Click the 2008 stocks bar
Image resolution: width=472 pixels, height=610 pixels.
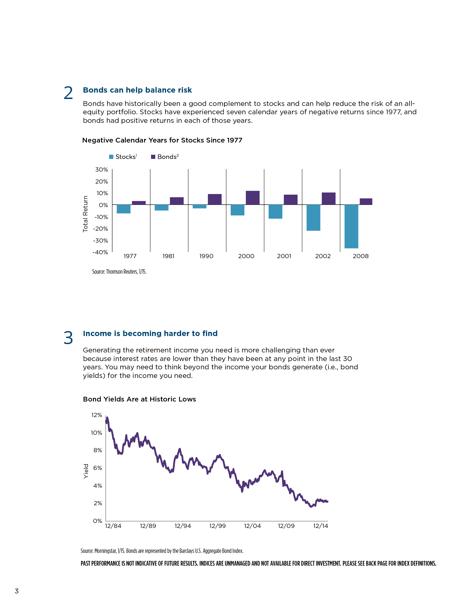pos(351,226)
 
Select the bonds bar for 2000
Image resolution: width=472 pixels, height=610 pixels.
pos(252,198)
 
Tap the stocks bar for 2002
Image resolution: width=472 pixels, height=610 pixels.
pos(313,218)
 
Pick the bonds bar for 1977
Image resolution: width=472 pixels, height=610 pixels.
pos(139,203)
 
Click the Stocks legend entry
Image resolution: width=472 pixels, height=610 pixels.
pos(123,157)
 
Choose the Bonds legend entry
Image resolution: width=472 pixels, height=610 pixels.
pos(165,157)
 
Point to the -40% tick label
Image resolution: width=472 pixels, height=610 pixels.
pos(100,252)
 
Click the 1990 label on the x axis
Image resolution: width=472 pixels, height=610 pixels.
pos(206,256)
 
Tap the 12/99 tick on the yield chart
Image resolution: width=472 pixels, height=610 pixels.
pos(218,526)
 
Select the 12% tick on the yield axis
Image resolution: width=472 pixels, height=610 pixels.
pos(97,415)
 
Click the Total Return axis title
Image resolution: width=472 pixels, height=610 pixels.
pos(85,214)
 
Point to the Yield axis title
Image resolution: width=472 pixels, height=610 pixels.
pos(86,471)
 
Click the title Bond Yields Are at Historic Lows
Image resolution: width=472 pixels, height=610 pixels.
pos(140,399)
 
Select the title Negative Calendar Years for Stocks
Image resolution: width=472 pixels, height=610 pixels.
pos(162,140)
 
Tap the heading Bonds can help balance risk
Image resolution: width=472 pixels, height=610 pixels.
pos(137,90)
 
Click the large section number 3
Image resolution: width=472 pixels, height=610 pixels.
pos(68,338)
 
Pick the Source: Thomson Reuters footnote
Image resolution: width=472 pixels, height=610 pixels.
pos(119,271)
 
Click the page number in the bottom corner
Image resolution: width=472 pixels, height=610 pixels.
pos(16,591)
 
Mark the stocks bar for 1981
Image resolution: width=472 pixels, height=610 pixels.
pos(162,207)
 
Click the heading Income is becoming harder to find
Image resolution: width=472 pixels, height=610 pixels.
pos(150,334)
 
